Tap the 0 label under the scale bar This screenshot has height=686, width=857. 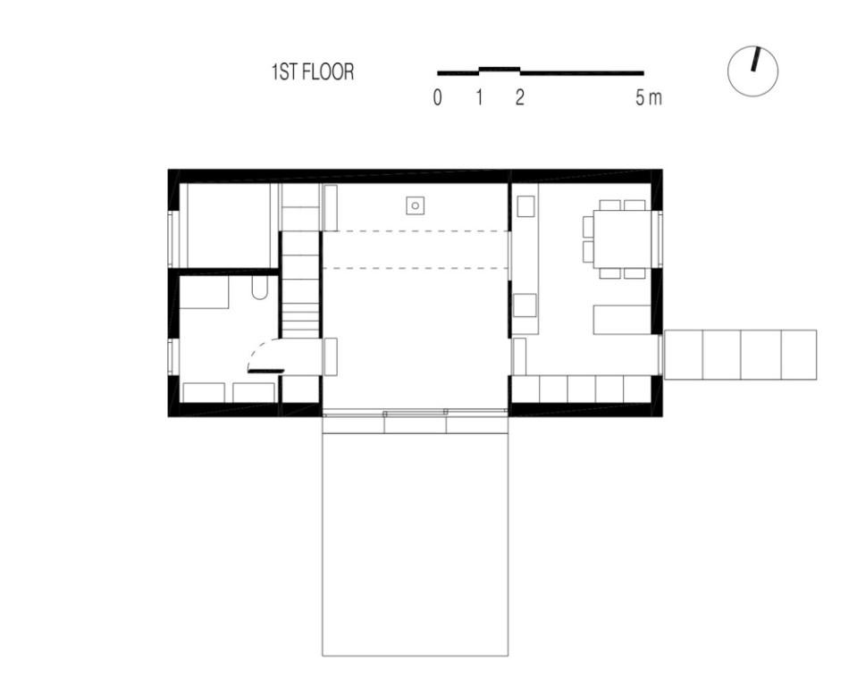[437, 98]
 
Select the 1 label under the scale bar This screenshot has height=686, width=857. [479, 98]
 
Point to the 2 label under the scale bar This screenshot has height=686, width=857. [519, 98]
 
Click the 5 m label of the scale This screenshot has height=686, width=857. [649, 98]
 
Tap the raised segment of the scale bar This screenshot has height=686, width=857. [500, 68]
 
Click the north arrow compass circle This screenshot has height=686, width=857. [753, 71]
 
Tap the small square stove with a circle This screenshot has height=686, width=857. [415, 206]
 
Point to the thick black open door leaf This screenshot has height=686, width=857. [265, 370]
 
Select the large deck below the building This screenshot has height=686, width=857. [415, 545]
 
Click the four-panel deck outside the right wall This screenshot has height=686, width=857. [741, 355]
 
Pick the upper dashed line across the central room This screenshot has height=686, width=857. [415, 231]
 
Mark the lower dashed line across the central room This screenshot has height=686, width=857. [415, 267]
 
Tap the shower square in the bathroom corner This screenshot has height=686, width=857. [205, 292]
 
